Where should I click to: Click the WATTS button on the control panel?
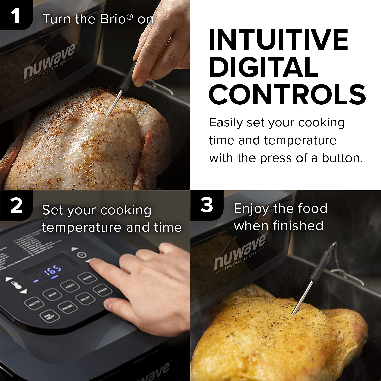(34, 303)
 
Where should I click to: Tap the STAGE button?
(102, 290)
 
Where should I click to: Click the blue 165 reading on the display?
(53, 271)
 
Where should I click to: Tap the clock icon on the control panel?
(82, 255)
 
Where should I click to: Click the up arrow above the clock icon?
(74, 249)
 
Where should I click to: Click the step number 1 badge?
(16, 15)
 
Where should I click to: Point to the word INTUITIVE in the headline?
(278, 40)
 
